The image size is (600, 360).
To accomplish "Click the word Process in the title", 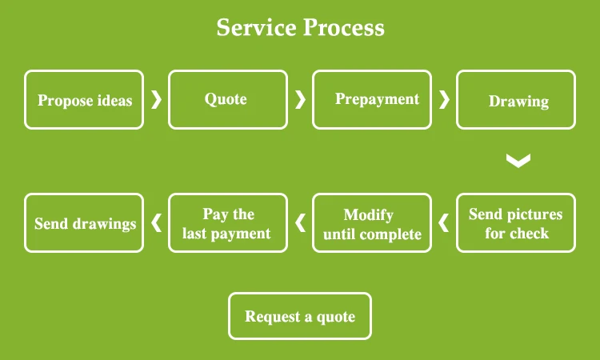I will coord(343,28).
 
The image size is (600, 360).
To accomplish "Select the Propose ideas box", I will coord(84,100).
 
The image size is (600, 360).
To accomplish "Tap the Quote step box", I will coord(227,100).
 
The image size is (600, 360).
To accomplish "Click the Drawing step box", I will coord(516,100).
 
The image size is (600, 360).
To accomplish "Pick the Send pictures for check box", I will coord(516,223).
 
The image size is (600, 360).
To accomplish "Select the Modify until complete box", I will coord(371,223).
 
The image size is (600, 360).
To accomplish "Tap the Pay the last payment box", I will coord(227,223).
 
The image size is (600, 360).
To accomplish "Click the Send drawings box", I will coord(84,223).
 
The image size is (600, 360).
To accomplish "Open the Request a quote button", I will coord(300,316).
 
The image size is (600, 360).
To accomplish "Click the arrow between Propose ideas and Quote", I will coord(156,99).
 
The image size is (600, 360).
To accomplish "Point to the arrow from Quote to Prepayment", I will coord(300,99).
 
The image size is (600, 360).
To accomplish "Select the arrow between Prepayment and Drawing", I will coord(444,99).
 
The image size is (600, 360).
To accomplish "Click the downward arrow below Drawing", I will coord(518,161).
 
